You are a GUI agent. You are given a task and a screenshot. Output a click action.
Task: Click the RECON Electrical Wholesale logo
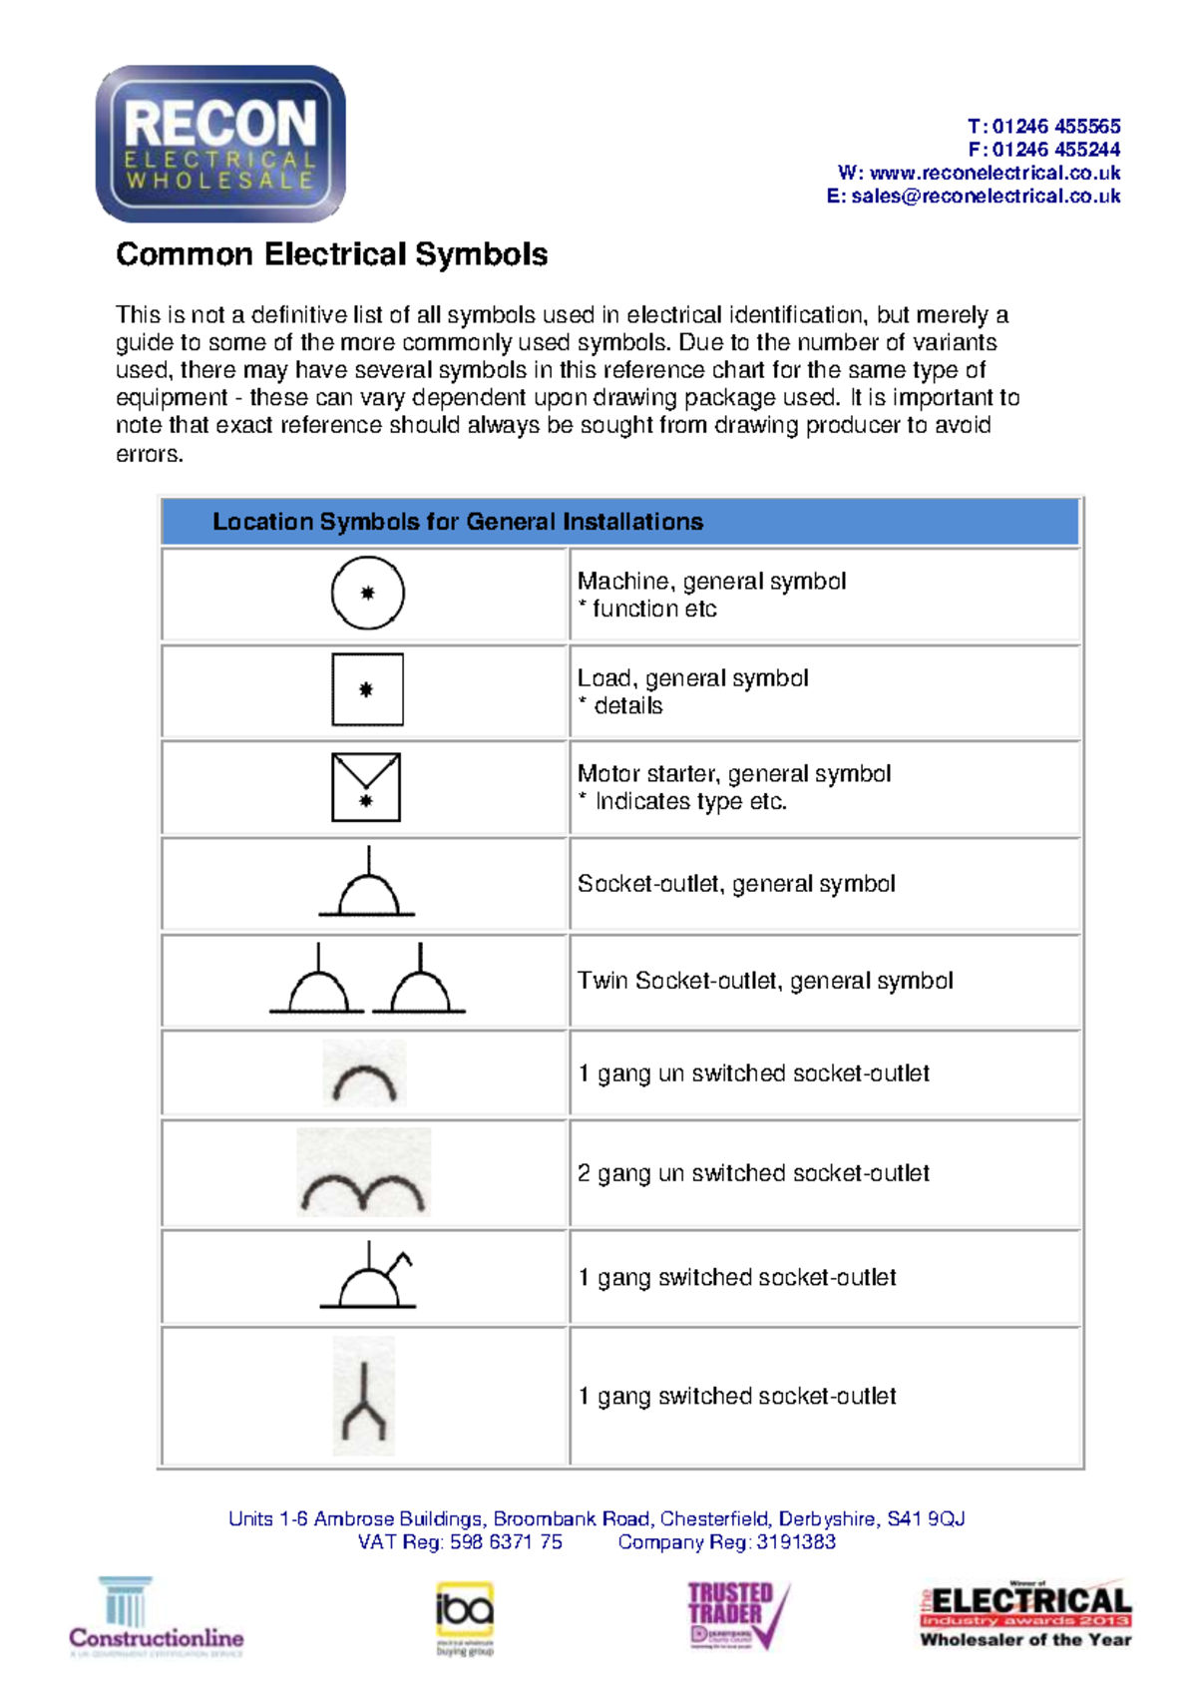pos(220,144)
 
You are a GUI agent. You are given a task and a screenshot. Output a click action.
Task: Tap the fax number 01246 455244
pos(1055,150)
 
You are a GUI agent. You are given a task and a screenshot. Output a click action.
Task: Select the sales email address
pos(986,197)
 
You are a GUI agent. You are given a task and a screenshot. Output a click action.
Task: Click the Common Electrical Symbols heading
pos(331,254)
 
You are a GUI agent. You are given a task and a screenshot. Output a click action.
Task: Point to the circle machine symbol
pos(367,593)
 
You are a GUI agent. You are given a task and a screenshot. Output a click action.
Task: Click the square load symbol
pos(367,689)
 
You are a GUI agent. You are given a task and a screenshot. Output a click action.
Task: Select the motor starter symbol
pos(366,787)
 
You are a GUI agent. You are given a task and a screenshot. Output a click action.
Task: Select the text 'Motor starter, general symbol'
pos(734,774)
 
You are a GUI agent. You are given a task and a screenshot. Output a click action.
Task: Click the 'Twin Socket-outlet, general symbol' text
pos(765,981)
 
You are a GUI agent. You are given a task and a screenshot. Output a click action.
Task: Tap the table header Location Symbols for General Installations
pos(458,522)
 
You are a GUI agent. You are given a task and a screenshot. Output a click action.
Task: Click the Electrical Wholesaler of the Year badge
pos(1025,1614)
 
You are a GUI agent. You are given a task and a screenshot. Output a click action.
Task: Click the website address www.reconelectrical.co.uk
pos(995,174)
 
